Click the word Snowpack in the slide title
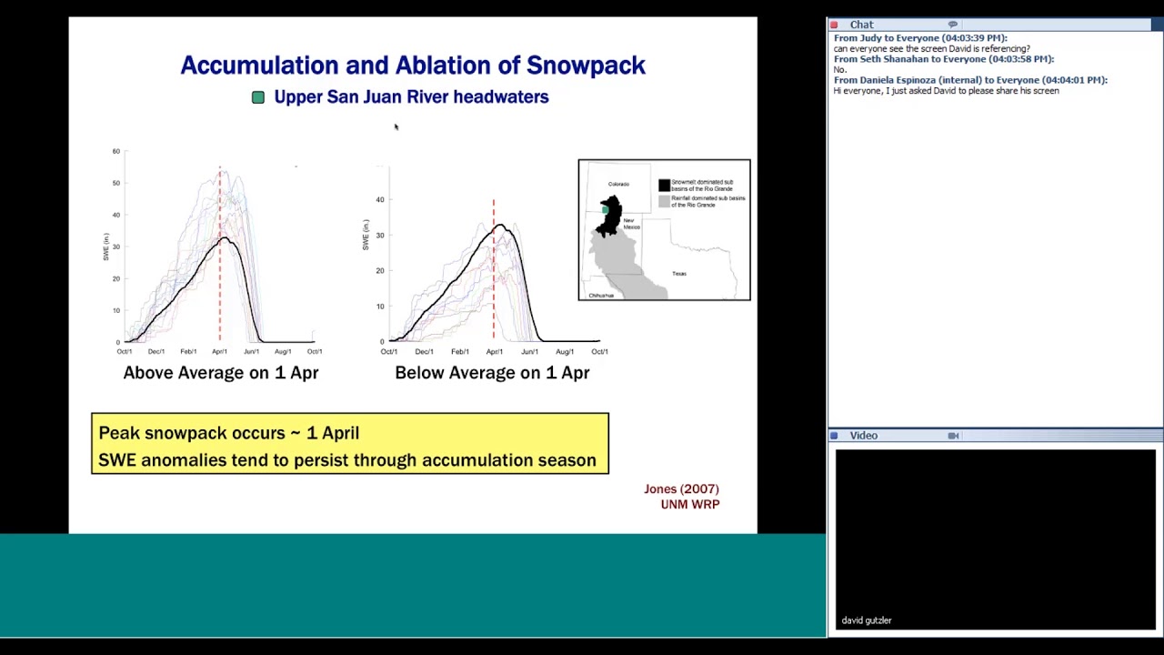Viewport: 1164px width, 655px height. coord(586,65)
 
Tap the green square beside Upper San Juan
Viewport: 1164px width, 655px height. coord(258,97)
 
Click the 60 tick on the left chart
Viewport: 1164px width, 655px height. coord(116,151)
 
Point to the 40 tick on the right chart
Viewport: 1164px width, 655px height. coord(380,199)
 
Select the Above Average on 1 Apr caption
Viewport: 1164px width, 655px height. coord(221,373)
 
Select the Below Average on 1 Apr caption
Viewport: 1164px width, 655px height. coord(492,373)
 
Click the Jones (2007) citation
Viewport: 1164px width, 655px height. coord(681,489)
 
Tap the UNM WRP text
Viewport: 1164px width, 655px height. coord(690,504)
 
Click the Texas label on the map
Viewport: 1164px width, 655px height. coord(679,273)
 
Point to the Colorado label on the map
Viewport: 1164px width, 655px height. coord(618,184)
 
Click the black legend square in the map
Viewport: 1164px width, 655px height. coord(664,185)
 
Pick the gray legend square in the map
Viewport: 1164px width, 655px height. coord(664,200)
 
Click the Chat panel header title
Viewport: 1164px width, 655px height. coord(861,25)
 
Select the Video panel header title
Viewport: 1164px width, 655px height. coord(863,436)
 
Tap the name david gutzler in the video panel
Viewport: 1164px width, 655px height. coord(867,620)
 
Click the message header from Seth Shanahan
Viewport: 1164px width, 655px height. coord(944,59)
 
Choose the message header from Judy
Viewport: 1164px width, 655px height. coord(920,38)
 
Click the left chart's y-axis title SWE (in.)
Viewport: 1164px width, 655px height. coord(106,247)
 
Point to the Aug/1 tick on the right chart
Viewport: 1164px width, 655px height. coord(565,351)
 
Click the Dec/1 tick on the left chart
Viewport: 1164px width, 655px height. coord(156,351)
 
